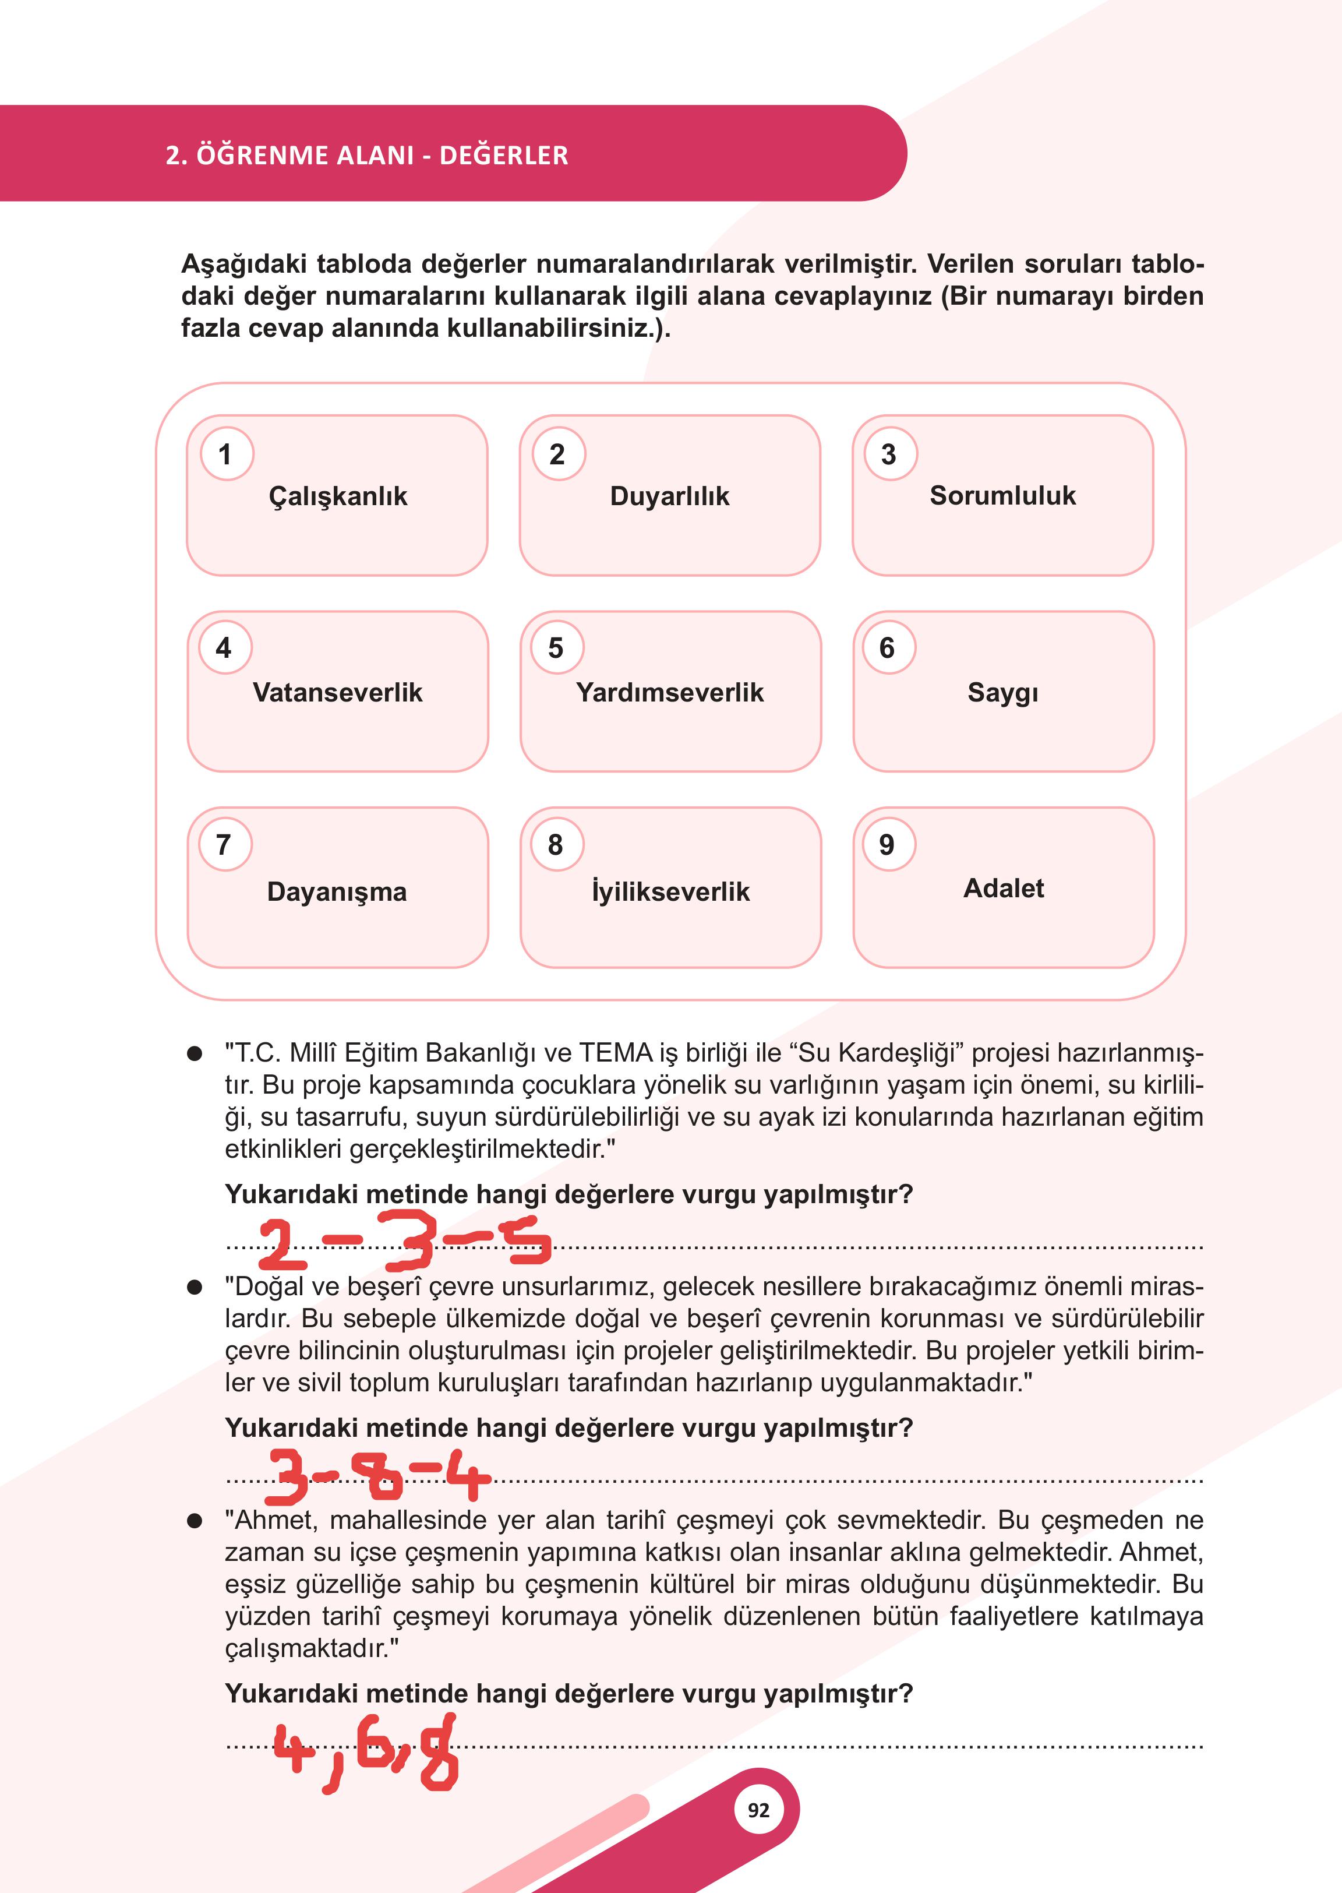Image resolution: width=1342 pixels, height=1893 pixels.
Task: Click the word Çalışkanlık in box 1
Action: point(337,496)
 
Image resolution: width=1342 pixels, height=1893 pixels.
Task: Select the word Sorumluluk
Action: point(1002,495)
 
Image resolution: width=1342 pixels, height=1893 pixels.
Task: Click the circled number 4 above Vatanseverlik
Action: point(224,648)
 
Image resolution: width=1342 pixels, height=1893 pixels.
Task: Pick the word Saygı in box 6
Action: point(1002,693)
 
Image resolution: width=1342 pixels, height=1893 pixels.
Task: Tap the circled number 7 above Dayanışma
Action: point(224,844)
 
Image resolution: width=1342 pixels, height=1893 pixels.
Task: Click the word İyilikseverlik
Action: point(670,891)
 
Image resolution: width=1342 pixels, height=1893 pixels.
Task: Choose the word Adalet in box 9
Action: point(1003,888)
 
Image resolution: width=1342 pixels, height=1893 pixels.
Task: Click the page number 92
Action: point(758,1810)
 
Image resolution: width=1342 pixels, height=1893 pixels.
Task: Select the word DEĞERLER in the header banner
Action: point(503,156)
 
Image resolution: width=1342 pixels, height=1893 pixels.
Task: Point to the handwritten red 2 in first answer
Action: point(281,1245)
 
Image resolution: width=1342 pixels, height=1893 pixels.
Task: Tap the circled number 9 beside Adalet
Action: point(887,844)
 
